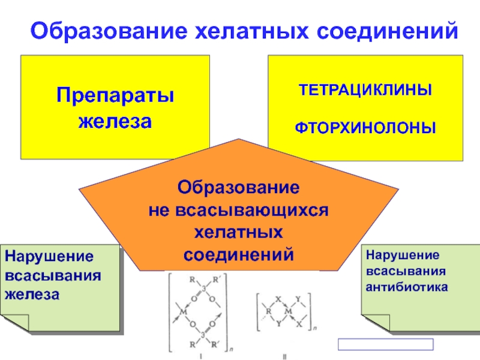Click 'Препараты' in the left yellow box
click(x=115, y=95)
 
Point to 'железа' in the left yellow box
click(x=115, y=121)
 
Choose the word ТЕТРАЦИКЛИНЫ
click(x=365, y=92)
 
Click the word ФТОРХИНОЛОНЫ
click(x=365, y=128)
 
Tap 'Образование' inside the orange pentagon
click(x=238, y=188)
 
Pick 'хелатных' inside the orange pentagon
click(x=239, y=232)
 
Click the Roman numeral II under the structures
click(x=285, y=355)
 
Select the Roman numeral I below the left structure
click(x=201, y=355)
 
